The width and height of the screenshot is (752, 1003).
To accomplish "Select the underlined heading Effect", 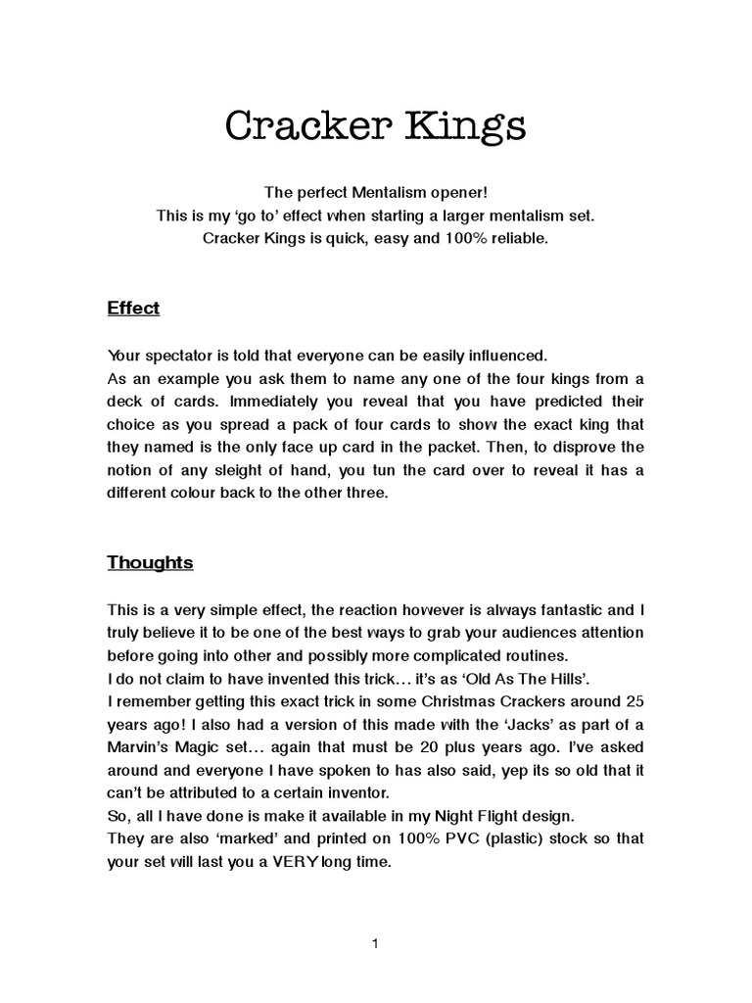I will tap(133, 309).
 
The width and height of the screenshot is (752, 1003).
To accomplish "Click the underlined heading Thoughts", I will tap(150, 562).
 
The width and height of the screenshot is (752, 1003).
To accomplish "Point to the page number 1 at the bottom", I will tap(375, 944).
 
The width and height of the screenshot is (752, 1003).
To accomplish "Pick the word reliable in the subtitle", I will tap(520, 238).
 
